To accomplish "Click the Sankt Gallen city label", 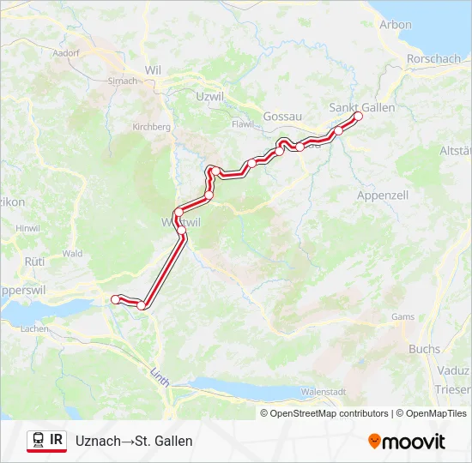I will click(362, 107).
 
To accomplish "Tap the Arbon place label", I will click(396, 24).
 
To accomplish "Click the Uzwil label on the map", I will click(209, 97).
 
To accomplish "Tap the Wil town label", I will click(154, 69).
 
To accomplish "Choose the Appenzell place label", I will click(381, 195).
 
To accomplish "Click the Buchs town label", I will click(424, 349).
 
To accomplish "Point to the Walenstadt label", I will click(323, 392).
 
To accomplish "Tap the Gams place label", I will click(402, 316).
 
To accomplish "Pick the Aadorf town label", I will click(65, 52).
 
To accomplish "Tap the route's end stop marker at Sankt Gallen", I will click(359, 117).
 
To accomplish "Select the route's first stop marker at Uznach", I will click(115, 298).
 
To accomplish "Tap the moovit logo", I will click(407, 442).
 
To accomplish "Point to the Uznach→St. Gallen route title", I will click(134, 441).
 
